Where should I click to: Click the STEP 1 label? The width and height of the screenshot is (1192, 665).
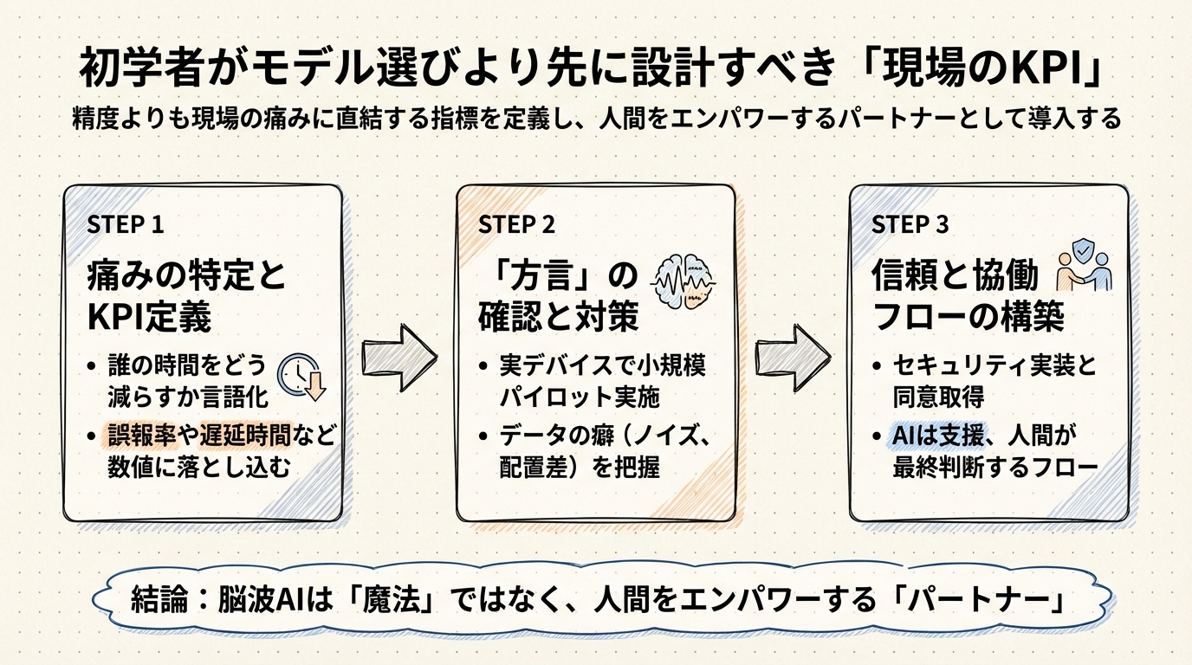126,224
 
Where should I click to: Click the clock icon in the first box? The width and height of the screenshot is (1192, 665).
300,379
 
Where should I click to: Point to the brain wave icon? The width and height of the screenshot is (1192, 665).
683,281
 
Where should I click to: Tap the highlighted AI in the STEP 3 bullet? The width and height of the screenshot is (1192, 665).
904,436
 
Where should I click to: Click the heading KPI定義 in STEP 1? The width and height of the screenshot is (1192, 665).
150,318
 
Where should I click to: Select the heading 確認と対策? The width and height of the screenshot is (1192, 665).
558,318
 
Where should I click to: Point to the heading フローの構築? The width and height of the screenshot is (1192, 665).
968,318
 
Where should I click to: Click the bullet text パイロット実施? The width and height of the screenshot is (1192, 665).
580,397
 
